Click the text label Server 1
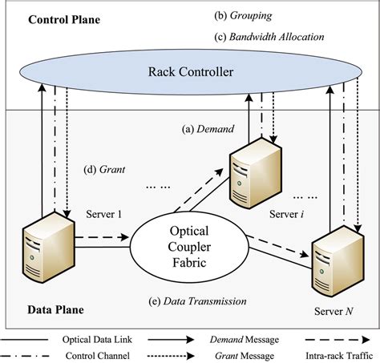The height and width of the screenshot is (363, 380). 103,214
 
